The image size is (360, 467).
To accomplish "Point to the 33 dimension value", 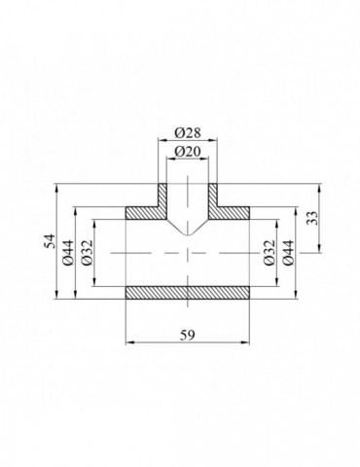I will coord(311,219).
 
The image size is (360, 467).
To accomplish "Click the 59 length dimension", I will coord(188,334).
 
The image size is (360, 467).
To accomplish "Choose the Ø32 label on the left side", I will coord(86,251).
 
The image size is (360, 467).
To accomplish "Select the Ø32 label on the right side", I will coord(269,251).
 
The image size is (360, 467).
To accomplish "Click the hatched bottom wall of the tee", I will coord(188,292).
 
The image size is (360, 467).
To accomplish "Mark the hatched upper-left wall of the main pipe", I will coord(141,212).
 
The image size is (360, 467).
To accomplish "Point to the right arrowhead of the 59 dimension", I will coord(250,342).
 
